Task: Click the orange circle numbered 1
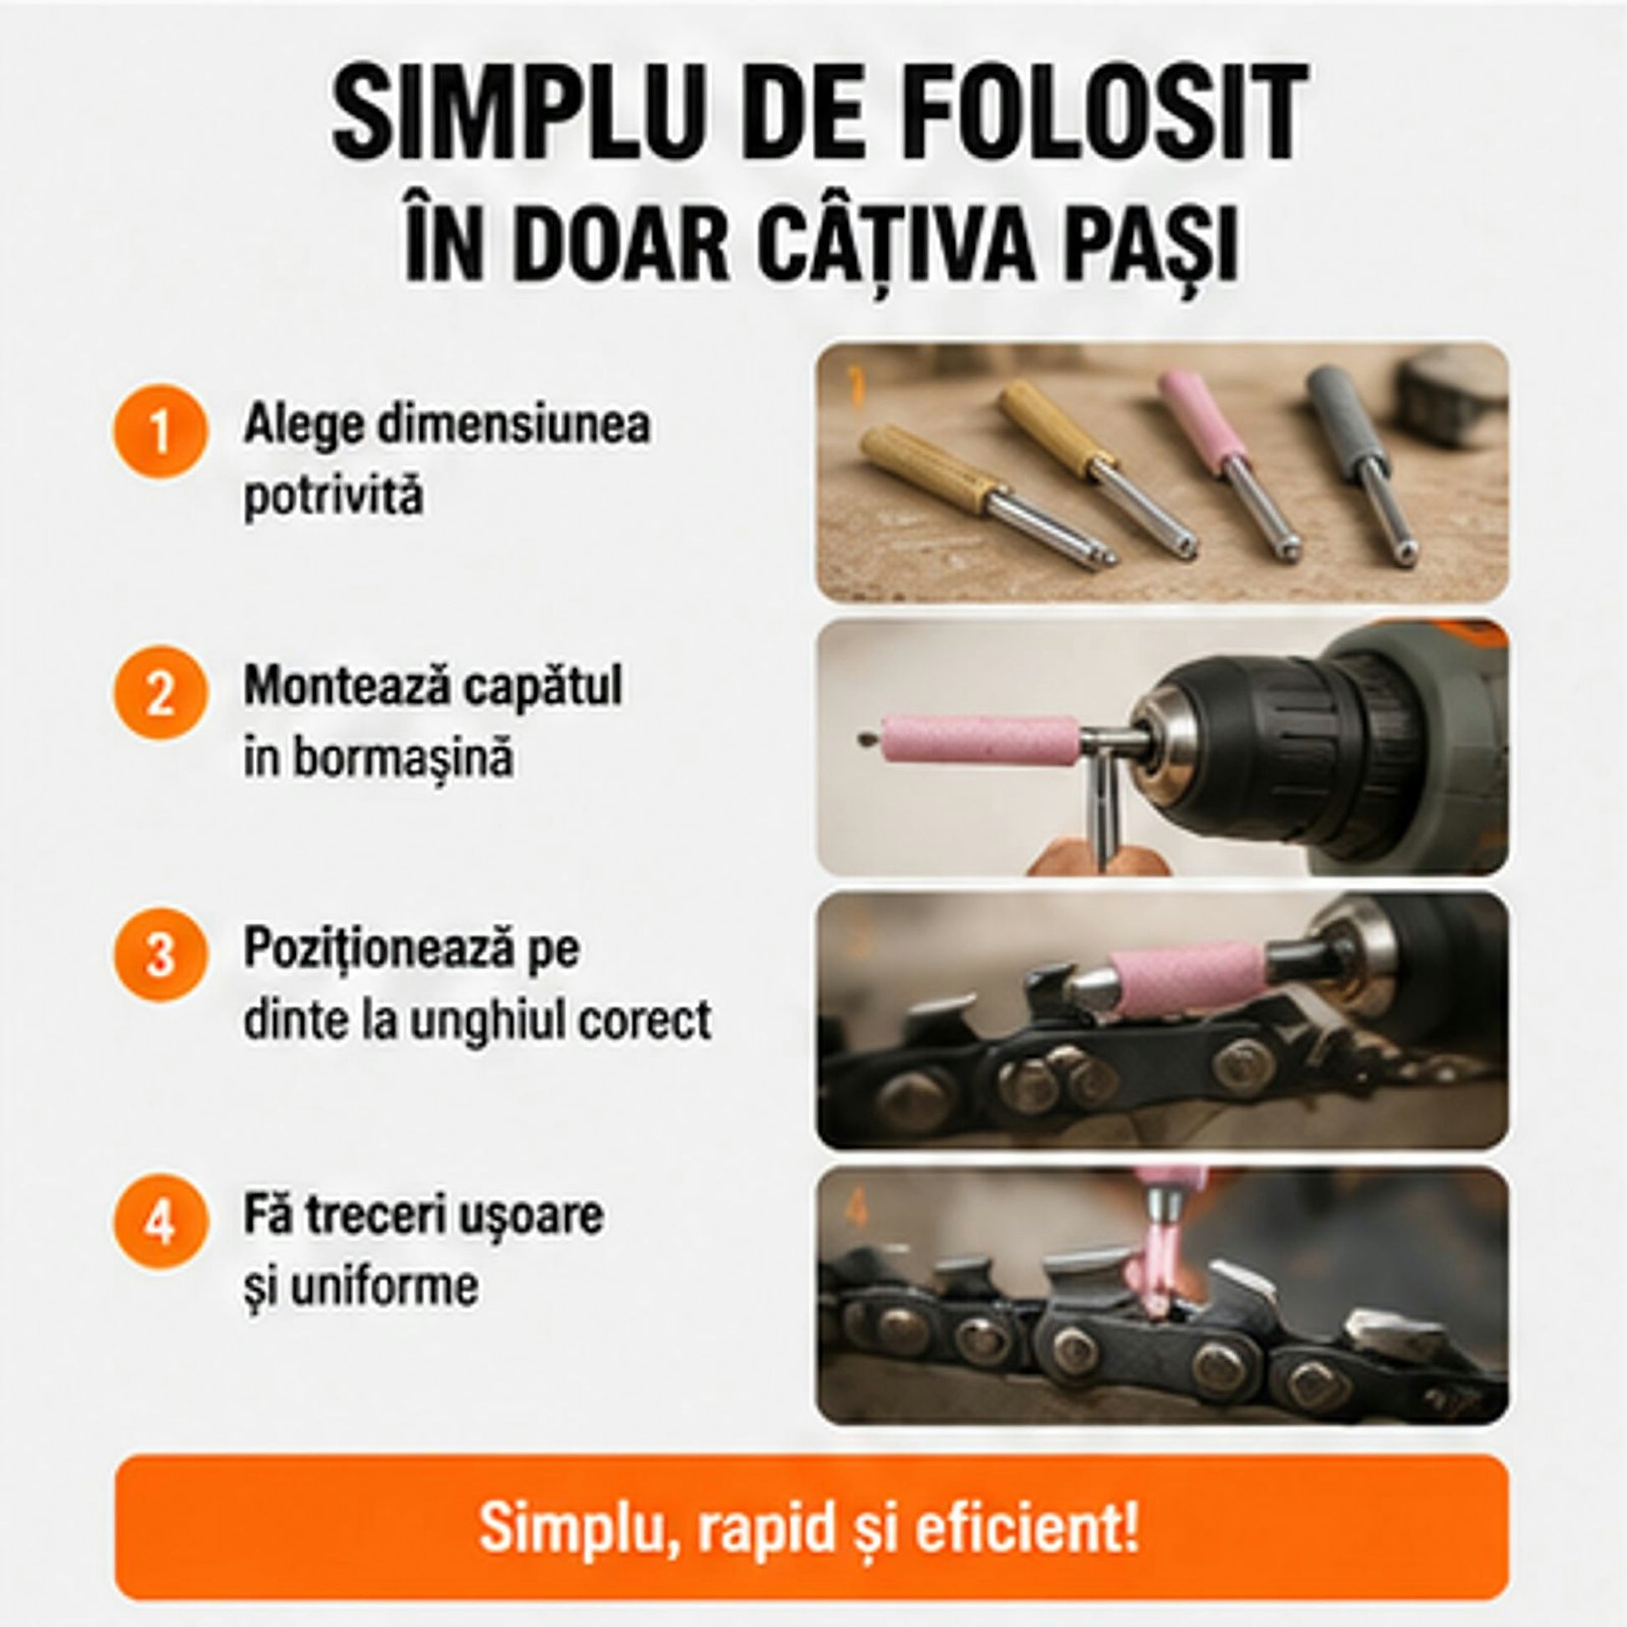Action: (x=160, y=432)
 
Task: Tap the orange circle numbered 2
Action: (x=160, y=693)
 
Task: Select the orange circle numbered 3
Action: (x=160, y=955)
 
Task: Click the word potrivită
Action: (x=334, y=496)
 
